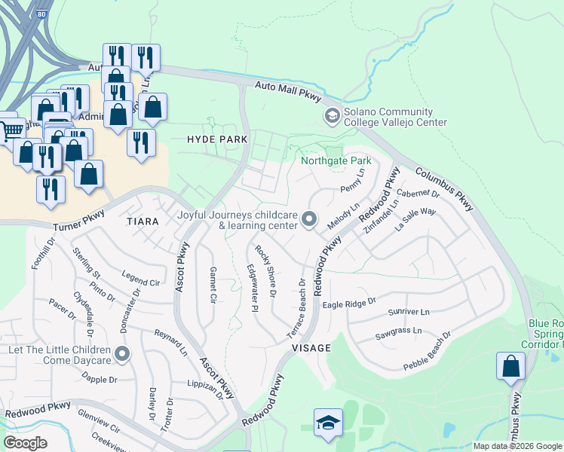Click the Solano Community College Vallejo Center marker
(331, 116)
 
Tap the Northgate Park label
(336, 161)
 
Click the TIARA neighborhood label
(143, 221)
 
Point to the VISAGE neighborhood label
(311, 348)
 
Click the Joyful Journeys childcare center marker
(308, 219)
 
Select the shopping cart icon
(11, 130)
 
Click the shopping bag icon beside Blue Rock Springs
(510, 368)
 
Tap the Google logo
(25, 442)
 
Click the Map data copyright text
(517, 446)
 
